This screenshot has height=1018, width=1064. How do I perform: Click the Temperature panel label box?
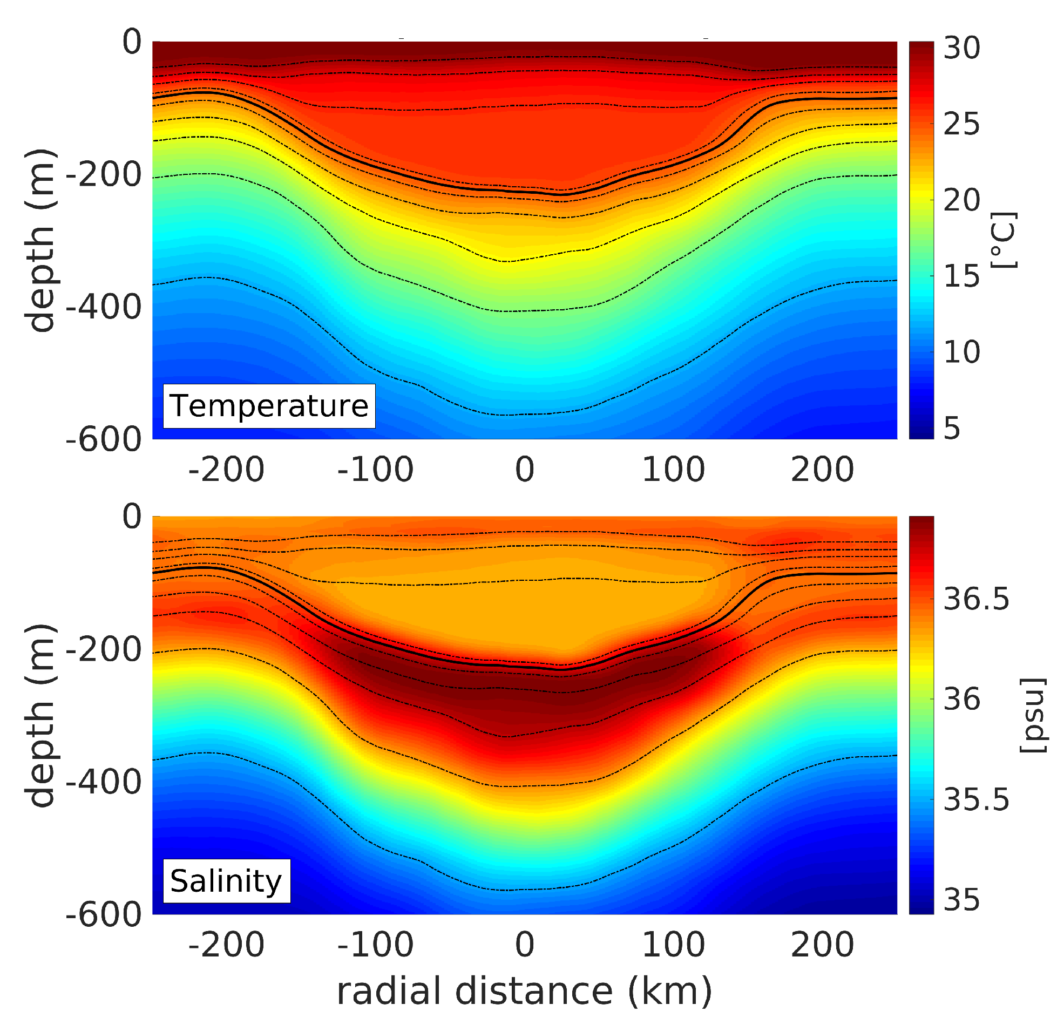[x=269, y=406]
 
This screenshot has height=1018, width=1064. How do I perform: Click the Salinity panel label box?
[x=226, y=881]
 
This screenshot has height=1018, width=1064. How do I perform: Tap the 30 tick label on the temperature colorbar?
[x=961, y=47]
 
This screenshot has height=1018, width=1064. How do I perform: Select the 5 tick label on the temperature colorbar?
[x=952, y=429]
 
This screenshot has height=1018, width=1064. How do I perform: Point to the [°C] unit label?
[x=1003, y=240]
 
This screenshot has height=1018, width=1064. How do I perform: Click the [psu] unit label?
[x=1033, y=715]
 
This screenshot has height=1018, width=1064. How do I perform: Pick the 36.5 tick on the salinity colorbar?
[x=975, y=599]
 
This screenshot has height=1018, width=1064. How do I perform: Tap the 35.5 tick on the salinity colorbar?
[x=975, y=799]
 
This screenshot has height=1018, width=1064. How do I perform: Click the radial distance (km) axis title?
[x=524, y=991]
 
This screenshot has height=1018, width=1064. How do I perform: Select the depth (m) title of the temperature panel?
[x=40, y=240]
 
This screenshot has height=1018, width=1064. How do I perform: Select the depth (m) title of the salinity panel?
[x=40, y=715]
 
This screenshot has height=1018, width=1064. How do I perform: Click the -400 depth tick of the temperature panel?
[x=104, y=307]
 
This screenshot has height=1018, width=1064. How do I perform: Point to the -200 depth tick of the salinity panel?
[x=104, y=649]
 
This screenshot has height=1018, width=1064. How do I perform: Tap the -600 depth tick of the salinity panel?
[x=104, y=915]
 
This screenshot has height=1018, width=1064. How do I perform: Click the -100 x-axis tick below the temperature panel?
[x=375, y=470]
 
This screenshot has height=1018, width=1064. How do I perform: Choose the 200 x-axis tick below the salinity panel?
[x=822, y=945]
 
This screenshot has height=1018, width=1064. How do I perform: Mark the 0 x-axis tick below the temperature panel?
[x=524, y=470]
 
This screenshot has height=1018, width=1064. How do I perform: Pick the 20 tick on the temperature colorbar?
[x=961, y=200]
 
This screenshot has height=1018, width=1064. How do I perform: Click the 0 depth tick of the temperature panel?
[x=131, y=42]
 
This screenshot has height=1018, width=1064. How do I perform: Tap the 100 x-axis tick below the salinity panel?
[x=673, y=945]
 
